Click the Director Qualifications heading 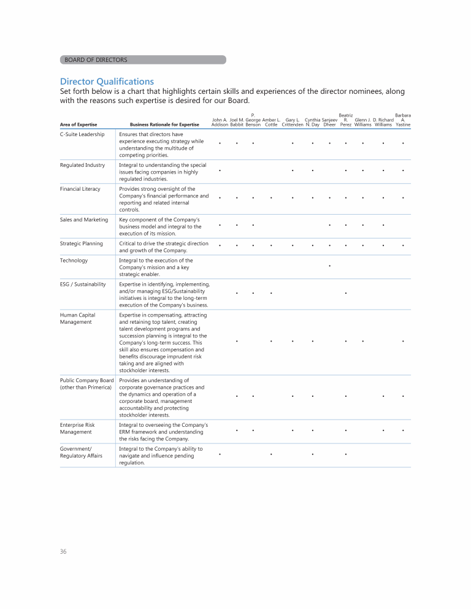(107, 82)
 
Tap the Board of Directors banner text (96, 59)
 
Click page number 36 (63, 551)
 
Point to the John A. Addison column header (220, 122)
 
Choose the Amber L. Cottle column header (271, 122)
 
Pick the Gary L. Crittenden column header (293, 122)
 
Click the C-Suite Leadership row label (82, 134)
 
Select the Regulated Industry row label (82, 165)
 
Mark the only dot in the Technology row (330, 266)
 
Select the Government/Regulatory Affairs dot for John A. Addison (220, 454)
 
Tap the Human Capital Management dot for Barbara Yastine (403, 341)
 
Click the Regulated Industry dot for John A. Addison (220, 170)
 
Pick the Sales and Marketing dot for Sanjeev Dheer (330, 225)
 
